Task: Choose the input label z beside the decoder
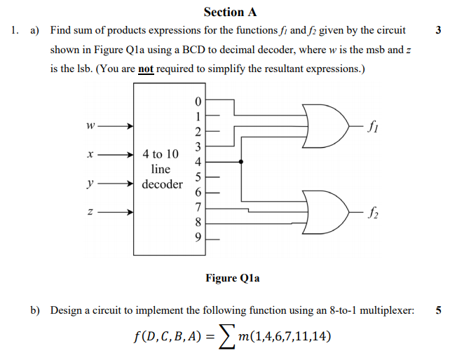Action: coord(87,212)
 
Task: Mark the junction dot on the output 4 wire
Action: coord(241,162)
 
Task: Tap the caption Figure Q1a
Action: coord(232,278)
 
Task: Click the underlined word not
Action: coord(145,69)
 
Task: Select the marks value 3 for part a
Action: coord(438,31)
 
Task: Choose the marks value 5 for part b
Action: coord(438,310)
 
